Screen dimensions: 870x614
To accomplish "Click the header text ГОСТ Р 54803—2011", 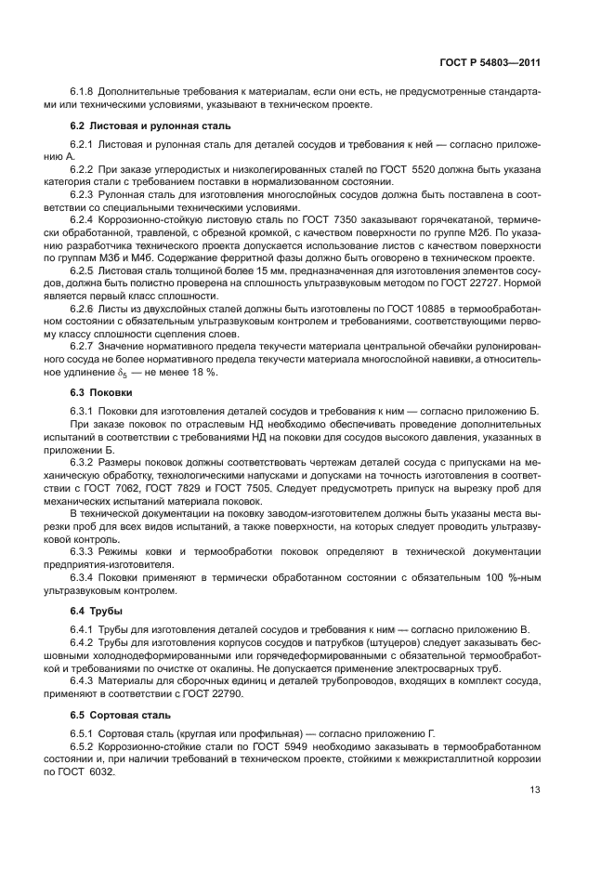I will pyautogui.click(x=490, y=62).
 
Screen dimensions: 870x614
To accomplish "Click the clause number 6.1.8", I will pyautogui.click(x=85, y=91).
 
